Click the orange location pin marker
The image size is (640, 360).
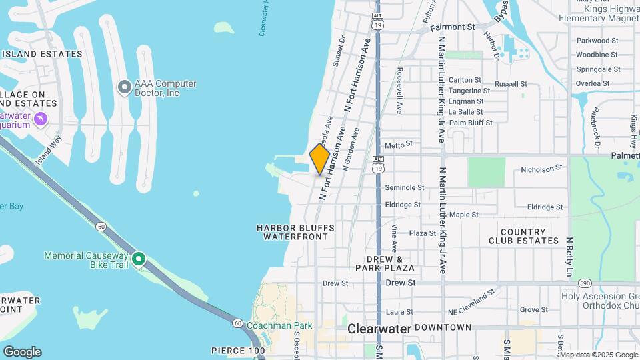[320, 159]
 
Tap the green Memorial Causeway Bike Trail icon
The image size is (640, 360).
[139, 259]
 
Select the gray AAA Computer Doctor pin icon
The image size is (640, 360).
[124, 87]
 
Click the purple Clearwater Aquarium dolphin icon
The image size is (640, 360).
[41, 119]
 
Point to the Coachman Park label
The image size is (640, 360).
[279, 326]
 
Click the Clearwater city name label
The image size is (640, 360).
[379, 329]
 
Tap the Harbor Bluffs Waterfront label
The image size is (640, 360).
[295, 232]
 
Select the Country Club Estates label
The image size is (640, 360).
[524, 236]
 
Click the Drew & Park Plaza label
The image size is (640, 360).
[390, 263]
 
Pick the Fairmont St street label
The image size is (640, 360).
[452, 27]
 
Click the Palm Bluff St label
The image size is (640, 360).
[471, 123]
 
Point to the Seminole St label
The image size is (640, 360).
[405, 188]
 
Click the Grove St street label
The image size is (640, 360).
[534, 309]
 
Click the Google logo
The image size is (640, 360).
[22, 351]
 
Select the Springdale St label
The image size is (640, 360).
[597, 69]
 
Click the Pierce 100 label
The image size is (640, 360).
[238, 350]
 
